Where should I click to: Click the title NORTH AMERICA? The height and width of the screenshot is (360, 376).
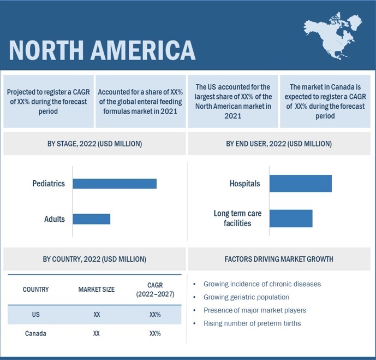click(x=102, y=50)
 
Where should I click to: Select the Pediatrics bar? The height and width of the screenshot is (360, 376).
click(x=115, y=184)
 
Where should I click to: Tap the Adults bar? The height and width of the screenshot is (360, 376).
click(x=92, y=219)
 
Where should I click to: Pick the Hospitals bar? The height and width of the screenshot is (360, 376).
click(x=300, y=184)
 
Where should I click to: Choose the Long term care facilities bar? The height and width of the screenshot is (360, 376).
click(x=291, y=219)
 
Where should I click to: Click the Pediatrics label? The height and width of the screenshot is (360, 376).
click(x=48, y=184)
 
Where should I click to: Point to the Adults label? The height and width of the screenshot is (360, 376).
click(x=55, y=219)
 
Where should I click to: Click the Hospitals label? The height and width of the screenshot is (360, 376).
click(x=245, y=184)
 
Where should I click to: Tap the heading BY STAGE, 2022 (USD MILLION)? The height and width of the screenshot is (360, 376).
click(x=94, y=144)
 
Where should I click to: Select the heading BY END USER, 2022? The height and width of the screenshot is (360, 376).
click(x=279, y=144)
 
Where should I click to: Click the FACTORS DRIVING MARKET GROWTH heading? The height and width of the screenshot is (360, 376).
click(x=279, y=259)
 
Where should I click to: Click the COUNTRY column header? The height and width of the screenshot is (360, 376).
click(x=35, y=290)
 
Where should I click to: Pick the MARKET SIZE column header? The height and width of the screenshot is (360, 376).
click(x=97, y=290)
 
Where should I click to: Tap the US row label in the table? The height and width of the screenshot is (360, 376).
click(x=35, y=315)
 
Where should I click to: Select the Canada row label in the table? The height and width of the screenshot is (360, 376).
click(x=35, y=333)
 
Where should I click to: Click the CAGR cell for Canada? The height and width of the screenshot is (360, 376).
click(x=155, y=333)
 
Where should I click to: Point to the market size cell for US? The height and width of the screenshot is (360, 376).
click(x=97, y=315)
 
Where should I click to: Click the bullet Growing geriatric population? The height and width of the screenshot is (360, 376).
click(x=246, y=297)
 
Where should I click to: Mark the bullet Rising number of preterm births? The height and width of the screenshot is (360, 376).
click(x=252, y=323)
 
